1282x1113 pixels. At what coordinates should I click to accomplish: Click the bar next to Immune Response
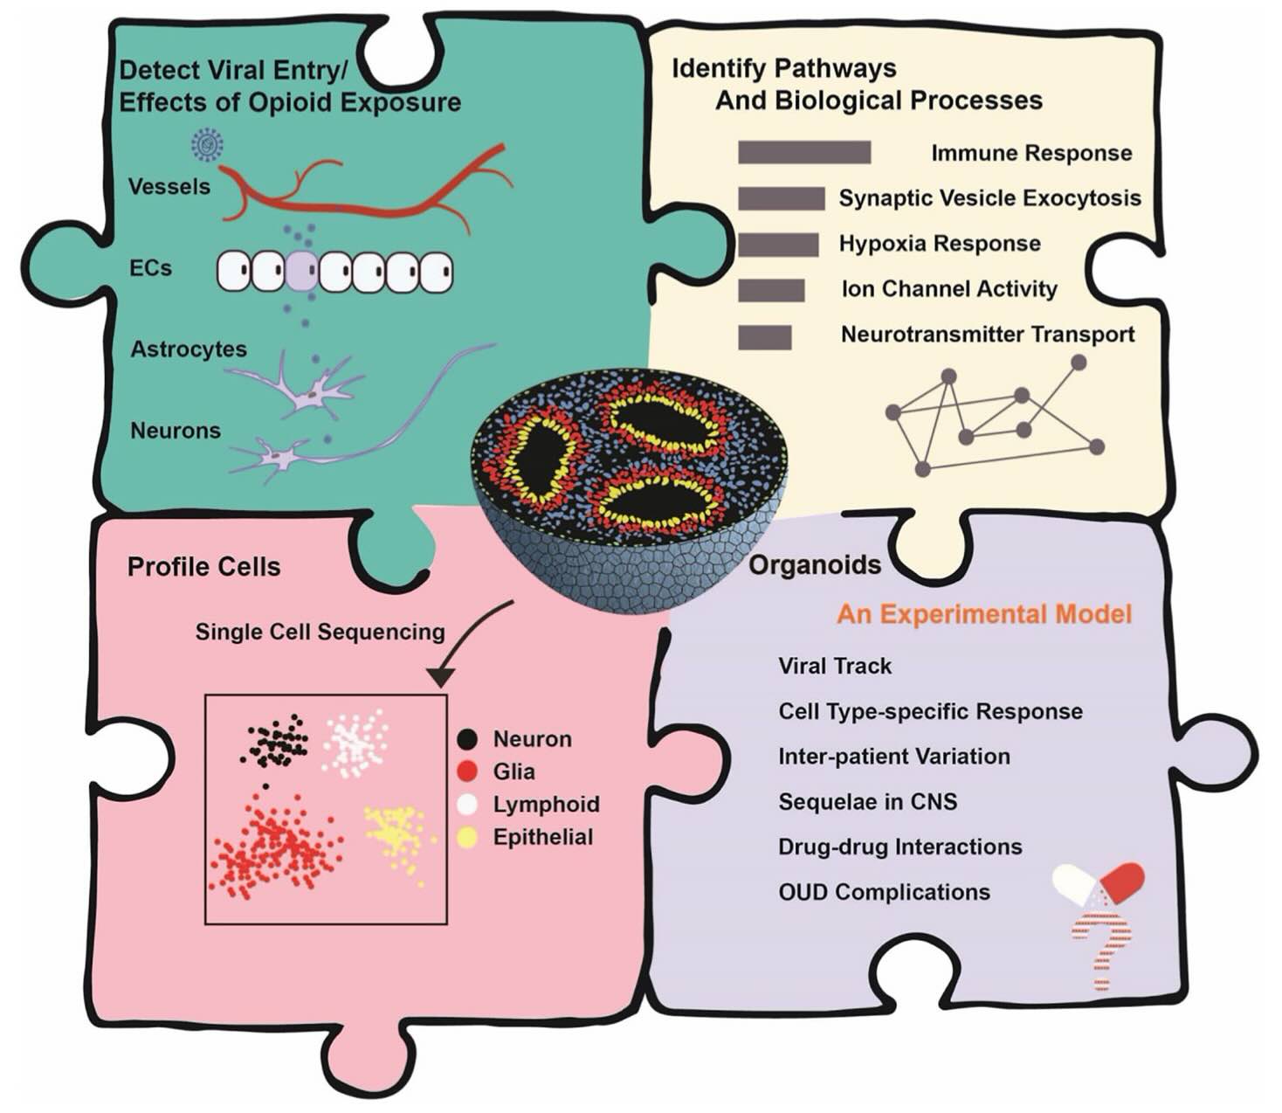803,152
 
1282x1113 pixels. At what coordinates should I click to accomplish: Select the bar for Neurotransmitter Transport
764,337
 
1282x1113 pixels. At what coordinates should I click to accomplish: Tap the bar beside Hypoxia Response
777,245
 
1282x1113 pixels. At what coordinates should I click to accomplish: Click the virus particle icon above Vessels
207,144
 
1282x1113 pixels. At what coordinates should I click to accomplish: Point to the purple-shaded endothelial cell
301,272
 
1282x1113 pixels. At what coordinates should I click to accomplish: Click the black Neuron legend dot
468,739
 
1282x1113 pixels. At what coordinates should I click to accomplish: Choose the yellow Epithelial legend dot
468,838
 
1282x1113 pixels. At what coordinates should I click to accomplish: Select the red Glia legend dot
468,771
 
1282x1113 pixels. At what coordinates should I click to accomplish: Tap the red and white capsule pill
1099,884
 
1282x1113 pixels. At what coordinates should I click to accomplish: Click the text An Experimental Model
984,614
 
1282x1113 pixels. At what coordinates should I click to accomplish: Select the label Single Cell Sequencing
320,632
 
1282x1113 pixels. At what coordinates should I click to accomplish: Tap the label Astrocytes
189,349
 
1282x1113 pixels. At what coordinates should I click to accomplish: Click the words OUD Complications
884,892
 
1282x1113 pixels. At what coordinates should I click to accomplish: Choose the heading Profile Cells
203,567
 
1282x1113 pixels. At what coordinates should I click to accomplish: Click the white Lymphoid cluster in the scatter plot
355,743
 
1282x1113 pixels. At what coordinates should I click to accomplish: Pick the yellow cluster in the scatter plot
398,835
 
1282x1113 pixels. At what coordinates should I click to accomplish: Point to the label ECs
150,267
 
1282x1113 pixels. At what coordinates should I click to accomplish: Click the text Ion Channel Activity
949,289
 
